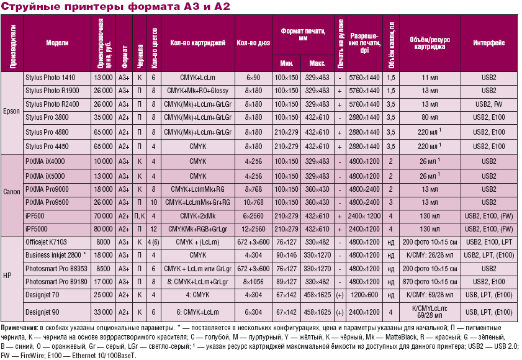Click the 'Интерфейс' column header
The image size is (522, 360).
coord(488,43)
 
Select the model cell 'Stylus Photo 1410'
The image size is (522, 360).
coord(50,78)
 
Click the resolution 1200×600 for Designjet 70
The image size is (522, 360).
coord(364,295)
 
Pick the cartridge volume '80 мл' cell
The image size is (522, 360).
coord(430,116)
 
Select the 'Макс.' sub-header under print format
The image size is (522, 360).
coord(318,63)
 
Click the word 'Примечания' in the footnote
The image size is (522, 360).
coord(19,326)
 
